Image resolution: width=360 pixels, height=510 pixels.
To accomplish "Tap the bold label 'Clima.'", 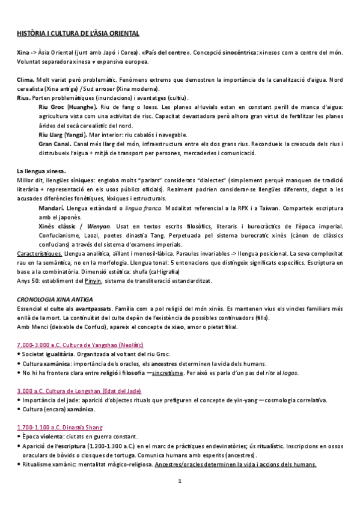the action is coord(25,79).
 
